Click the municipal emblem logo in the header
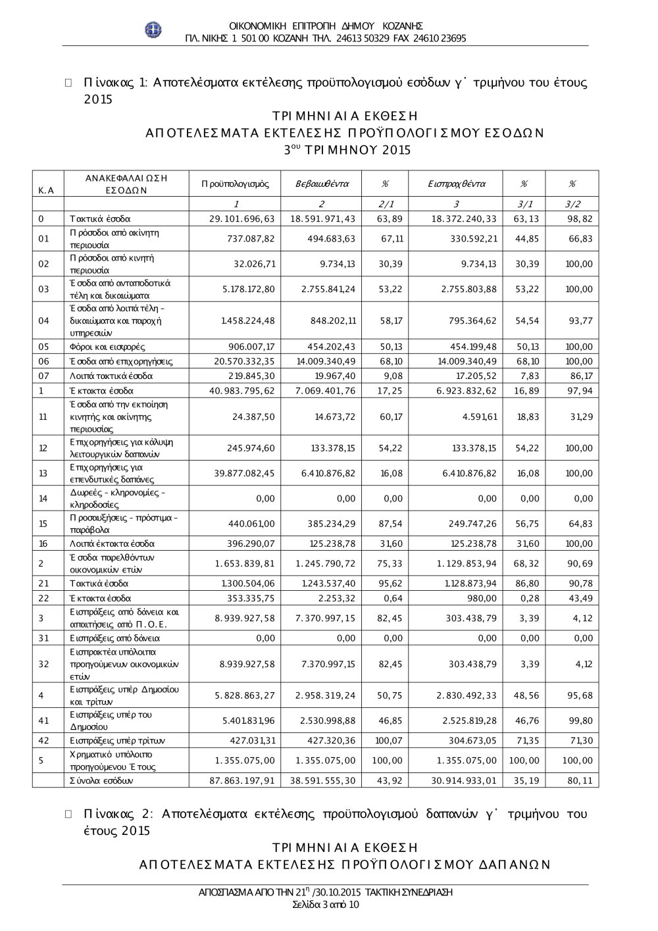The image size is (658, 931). point(153,30)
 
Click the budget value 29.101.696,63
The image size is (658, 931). point(241,218)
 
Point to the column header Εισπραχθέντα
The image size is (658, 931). point(456,184)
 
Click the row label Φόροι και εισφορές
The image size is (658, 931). point(107,347)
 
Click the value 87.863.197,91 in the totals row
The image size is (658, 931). point(241,780)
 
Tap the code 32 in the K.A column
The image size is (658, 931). point(43,664)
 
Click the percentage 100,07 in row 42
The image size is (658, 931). point(388,740)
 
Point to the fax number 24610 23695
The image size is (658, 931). point(440,38)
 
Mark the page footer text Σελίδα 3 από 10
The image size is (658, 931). point(325,904)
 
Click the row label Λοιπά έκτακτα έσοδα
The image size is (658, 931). point(112,543)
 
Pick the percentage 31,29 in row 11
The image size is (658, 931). point(582,416)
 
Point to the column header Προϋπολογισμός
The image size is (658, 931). point(235,184)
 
